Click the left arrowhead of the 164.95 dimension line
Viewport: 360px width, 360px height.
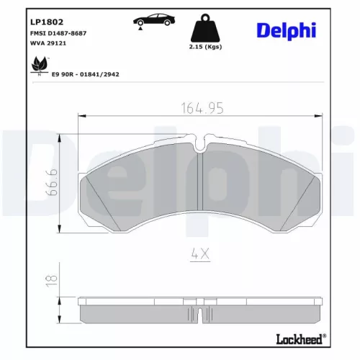coord(81,117)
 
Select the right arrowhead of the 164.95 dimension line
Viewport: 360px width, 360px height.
coord(318,117)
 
